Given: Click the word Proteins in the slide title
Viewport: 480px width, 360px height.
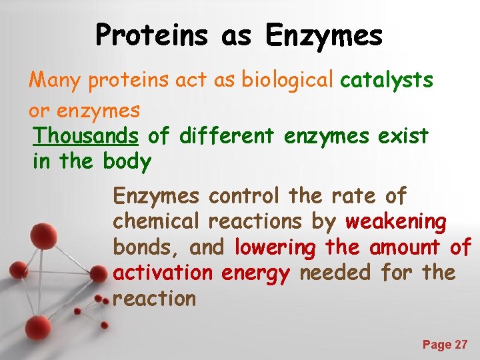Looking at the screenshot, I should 153,35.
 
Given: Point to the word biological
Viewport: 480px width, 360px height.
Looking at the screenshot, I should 287,81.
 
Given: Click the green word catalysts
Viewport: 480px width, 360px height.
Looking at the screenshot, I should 387,81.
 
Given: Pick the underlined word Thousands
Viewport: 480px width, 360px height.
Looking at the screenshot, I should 85,136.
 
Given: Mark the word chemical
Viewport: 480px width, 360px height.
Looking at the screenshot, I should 157,221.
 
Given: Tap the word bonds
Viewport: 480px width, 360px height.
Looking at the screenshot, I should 147,247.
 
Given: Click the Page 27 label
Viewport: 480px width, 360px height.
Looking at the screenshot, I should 445,345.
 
